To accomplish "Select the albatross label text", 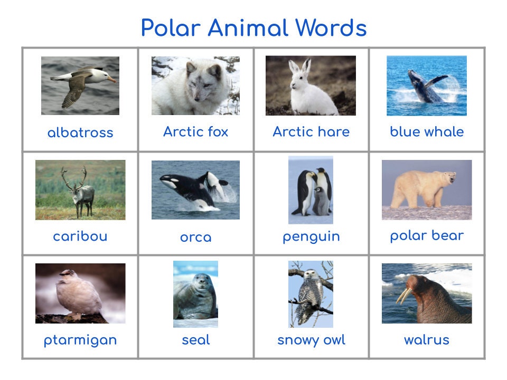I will [80, 132].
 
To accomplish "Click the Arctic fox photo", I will [195, 85].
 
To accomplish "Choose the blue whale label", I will [427, 131].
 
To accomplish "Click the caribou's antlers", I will [74, 178].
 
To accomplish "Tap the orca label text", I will [195, 237].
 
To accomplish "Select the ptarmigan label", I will [80, 340].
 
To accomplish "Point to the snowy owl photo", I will [311, 294].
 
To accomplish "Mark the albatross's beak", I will [111, 80].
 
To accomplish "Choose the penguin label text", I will [311, 236].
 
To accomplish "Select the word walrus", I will [427, 339].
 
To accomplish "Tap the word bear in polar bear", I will [448, 235].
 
